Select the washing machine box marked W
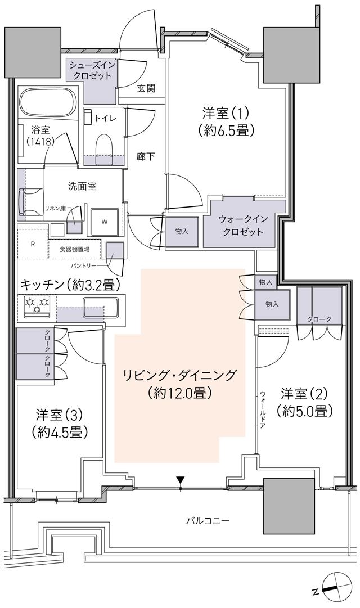[104, 222]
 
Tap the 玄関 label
[146, 89]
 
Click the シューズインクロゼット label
[92, 71]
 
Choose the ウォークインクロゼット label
[241, 226]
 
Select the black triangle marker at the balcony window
[180, 480]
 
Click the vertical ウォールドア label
[263, 411]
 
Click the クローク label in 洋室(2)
[319, 319]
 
